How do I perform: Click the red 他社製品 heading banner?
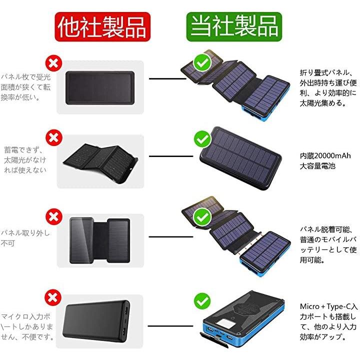click(102, 27)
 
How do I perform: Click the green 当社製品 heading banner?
click(234, 27)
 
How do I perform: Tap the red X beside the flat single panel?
click(53, 63)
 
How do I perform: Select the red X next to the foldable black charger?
click(54, 138)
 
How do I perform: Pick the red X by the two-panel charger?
click(54, 216)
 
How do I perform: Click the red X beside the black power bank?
click(53, 298)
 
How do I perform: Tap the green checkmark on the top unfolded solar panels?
click(202, 62)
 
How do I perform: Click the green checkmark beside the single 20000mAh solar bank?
click(202, 139)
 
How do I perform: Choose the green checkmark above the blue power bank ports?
click(202, 301)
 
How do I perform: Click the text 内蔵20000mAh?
click(325, 156)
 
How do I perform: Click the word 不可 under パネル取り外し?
click(8, 243)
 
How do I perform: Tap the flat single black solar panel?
click(100, 88)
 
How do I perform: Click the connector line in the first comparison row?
click(167, 79)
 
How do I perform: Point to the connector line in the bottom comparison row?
click(170, 326)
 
